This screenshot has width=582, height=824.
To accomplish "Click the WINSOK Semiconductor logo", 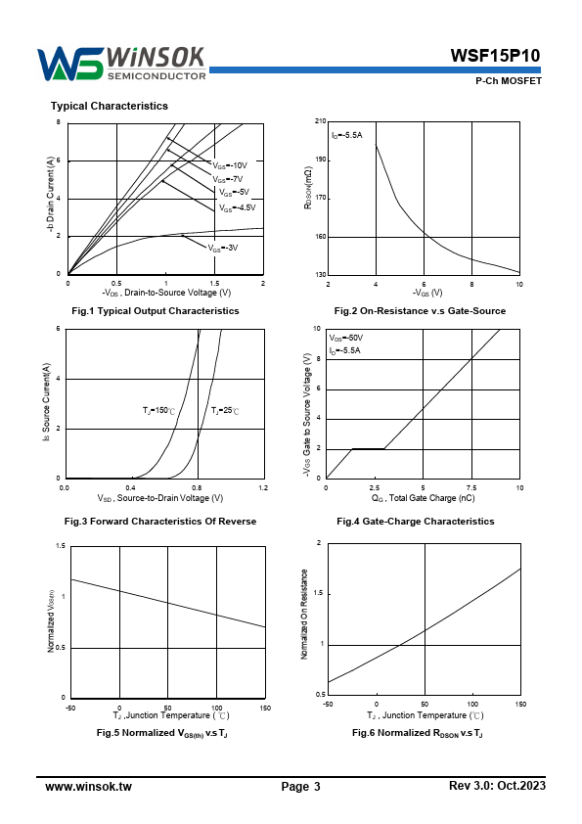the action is point(121,65).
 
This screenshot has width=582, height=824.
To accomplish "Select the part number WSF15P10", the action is point(495,56).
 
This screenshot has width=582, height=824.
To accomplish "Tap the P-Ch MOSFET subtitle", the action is point(508,81).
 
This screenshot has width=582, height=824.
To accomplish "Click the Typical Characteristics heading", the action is point(110,106).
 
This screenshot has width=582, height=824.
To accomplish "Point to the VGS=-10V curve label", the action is point(230,165).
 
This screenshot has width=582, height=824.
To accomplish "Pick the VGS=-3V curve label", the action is point(223,248).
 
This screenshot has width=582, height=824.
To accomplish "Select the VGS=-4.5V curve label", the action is point(237,208).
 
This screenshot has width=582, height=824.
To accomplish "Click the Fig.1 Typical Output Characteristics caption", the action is point(156,311).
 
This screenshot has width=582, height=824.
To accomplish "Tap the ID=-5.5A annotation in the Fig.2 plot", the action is point(346,136).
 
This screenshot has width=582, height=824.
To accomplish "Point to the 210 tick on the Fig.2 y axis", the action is point(321,121).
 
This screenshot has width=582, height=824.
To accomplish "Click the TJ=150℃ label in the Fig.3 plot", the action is point(158,410).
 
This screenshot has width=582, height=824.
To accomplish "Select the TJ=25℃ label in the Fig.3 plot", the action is point(225,410).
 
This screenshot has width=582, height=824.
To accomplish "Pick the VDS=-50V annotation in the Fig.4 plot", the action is point(346,338).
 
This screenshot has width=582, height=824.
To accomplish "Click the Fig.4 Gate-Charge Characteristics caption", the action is point(416,522).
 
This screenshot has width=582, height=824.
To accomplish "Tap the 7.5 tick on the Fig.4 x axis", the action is point(471,488).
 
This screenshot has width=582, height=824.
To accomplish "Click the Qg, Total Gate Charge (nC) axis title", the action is point(423,498).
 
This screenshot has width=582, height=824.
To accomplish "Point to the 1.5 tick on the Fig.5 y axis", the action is point(61,546).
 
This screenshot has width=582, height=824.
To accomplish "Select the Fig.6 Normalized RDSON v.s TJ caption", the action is point(418,733).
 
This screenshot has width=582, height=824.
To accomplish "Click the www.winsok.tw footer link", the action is point(88,787).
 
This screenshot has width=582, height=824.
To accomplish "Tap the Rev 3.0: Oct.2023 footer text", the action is point(498,786).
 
